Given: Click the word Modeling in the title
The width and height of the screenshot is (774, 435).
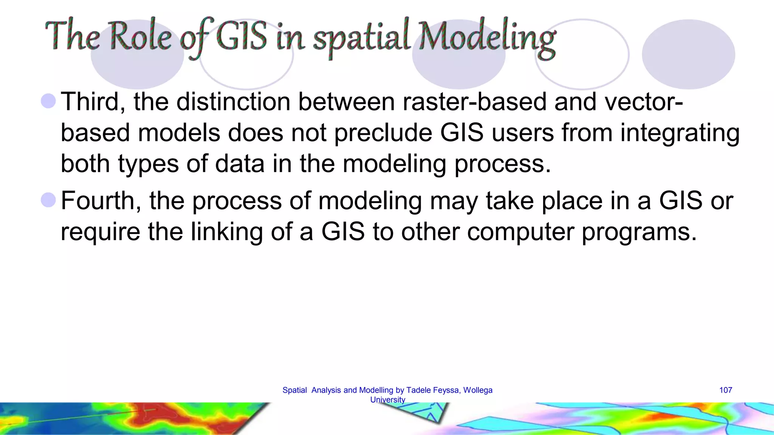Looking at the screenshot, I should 488,38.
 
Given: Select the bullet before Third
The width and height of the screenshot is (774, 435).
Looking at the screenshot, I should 48,101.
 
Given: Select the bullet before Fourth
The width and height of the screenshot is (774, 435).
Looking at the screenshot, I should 48,200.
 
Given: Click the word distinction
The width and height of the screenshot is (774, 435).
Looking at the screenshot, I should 234,102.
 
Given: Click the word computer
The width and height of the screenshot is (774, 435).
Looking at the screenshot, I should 520,232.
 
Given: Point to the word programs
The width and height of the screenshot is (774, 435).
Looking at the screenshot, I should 639,232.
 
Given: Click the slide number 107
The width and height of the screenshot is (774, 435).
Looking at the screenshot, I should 725,390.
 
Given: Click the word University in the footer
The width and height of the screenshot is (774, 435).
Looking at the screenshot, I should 387,400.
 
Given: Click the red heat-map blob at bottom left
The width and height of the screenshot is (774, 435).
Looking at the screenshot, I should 159,415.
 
